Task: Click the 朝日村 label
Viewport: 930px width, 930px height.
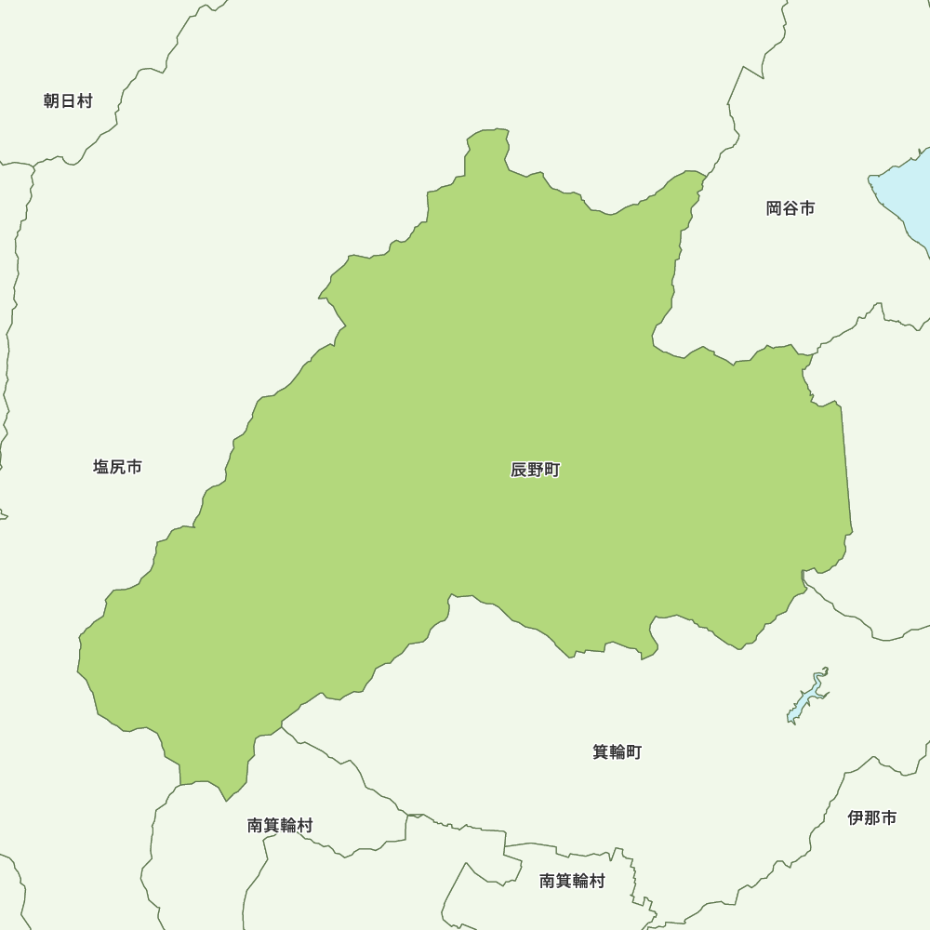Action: coord(68,101)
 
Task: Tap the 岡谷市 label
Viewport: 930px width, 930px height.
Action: coord(790,208)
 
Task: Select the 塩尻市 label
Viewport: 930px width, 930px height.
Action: coord(117,467)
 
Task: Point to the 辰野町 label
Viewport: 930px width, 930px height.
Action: coord(536,470)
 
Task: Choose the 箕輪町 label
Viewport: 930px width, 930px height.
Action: coord(617,751)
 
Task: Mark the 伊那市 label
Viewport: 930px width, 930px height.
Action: coord(872,818)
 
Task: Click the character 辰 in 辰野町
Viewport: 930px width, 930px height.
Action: coord(519,470)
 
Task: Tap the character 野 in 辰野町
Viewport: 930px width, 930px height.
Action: coord(536,470)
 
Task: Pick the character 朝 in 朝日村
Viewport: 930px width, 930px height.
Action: coord(51,101)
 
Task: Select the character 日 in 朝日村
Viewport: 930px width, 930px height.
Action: coord(68,101)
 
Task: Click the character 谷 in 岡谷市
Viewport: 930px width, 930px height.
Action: coord(790,208)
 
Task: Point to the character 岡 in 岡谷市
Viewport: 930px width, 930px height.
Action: coord(774,208)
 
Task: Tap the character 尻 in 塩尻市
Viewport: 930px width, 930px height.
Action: coord(117,467)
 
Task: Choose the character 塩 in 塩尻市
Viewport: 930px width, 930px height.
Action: coord(100,467)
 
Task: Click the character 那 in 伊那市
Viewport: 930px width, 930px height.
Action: coord(872,818)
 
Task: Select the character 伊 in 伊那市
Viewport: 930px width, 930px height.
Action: coord(856,818)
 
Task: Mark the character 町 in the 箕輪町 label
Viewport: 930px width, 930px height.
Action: coord(633,751)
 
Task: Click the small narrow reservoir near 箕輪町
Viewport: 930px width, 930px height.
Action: coord(806,697)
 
